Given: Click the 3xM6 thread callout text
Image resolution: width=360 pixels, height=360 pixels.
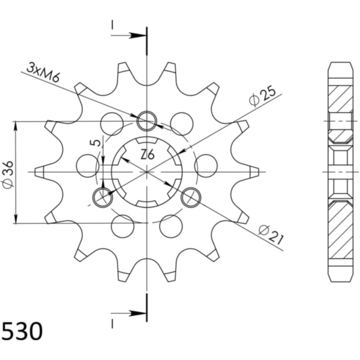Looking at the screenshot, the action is [43, 72].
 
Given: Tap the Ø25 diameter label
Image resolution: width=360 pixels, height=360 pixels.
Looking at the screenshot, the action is [262, 97].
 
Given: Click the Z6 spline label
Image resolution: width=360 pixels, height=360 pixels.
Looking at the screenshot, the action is [147, 154].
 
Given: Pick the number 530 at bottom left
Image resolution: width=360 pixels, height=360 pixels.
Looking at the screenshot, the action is [22, 332].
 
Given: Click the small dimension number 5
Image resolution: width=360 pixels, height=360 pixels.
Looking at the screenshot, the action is [96, 143].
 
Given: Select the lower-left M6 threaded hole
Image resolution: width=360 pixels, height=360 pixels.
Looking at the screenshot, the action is [103, 197].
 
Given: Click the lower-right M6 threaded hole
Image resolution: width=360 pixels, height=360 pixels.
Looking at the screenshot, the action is [191, 197].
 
